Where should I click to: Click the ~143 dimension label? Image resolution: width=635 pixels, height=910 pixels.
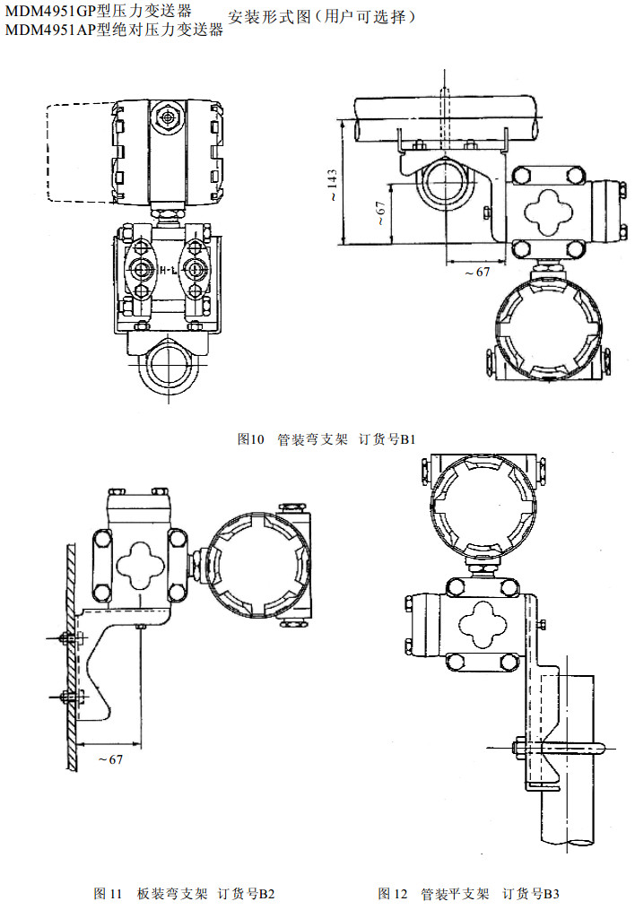[x=331, y=184]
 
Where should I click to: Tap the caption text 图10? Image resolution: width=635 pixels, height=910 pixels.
[x=252, y=439]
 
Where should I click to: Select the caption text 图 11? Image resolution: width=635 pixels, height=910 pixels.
[x=108, y=894]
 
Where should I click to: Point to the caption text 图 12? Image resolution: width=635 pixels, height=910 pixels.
[x=393, y=894]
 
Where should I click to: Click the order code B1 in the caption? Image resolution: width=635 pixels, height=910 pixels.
[x=408, y=439]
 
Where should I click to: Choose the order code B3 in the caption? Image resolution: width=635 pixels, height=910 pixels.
[x=551, y=894]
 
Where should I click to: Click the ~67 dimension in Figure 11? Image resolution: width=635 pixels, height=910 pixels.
[x=109, y=759]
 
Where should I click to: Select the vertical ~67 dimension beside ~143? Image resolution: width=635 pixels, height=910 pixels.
[x=380, y=212]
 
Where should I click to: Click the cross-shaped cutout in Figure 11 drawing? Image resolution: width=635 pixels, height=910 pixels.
[x=140, y=562]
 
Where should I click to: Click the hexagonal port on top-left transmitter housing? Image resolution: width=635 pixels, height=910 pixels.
[x=167, y=116]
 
